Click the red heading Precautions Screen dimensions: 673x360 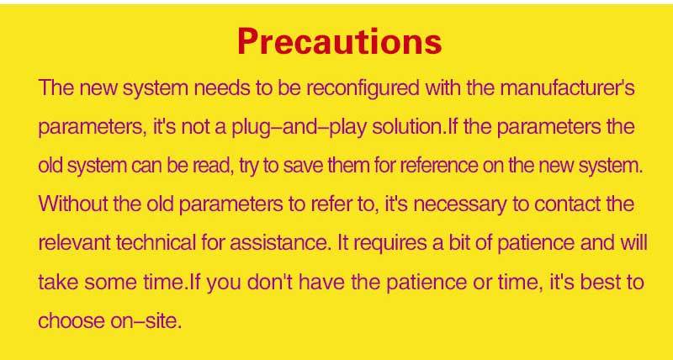(339, 41)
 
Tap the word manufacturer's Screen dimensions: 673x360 (567, 87)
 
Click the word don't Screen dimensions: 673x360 (269, 282)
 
